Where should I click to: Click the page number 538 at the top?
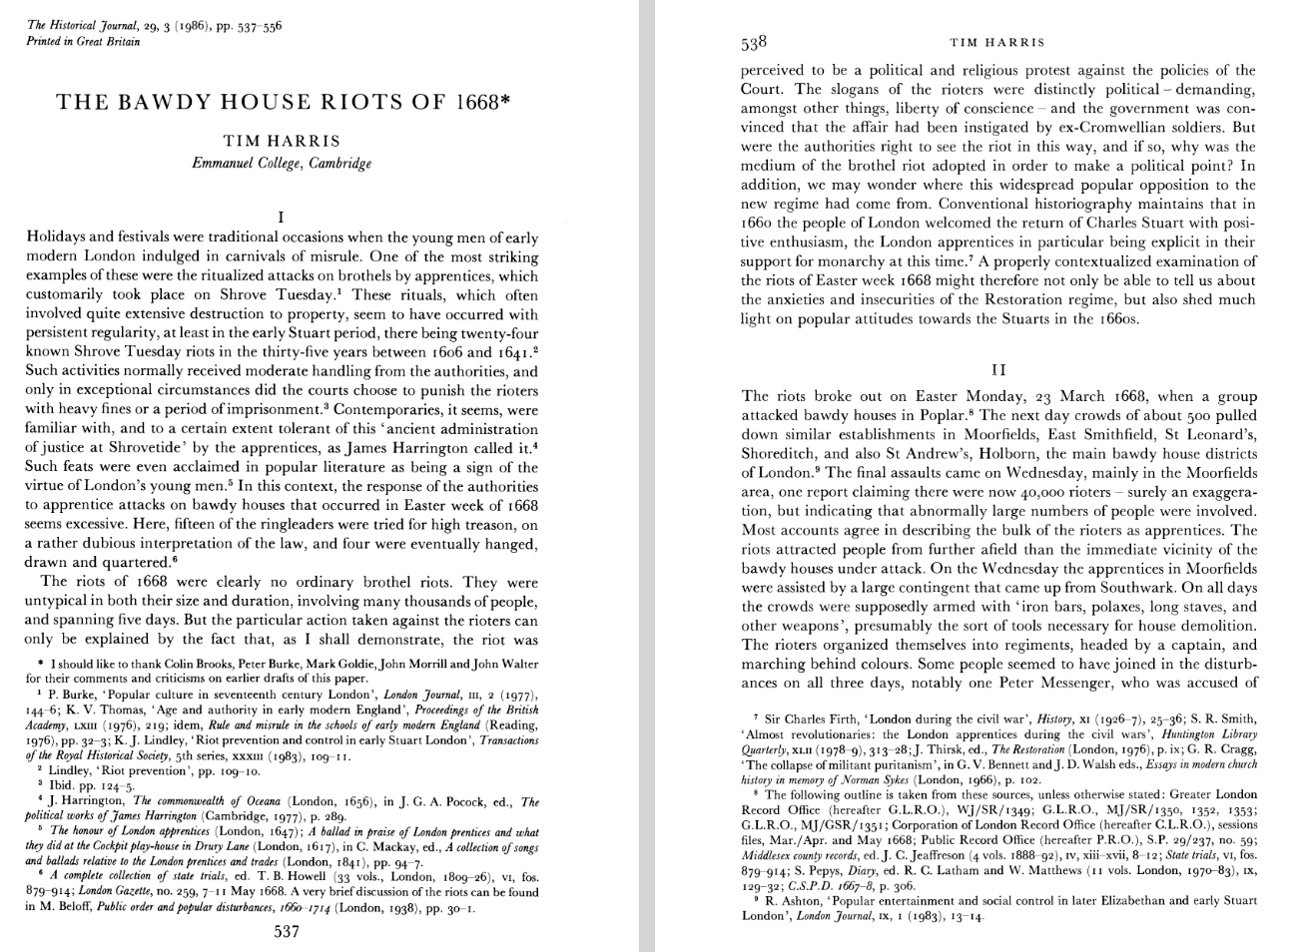point(754,42)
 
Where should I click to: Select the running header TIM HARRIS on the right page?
point(996,42)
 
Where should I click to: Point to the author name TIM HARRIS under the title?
point(282,141)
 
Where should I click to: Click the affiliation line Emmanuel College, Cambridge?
point(282,163)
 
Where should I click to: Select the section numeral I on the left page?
point(282,217)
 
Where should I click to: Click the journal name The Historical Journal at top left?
point(83,26)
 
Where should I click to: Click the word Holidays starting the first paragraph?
point(58,238)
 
